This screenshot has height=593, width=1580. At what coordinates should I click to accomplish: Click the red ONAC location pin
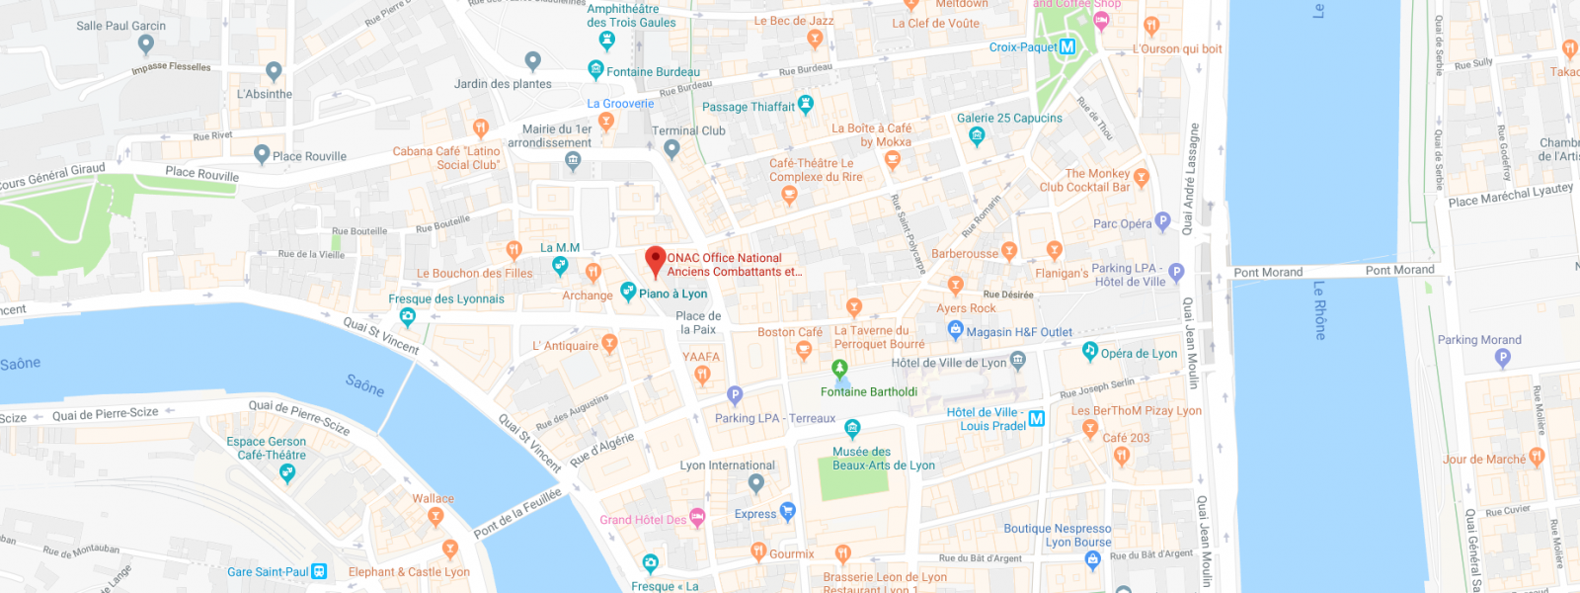pyautogui.click(x=655, y=261)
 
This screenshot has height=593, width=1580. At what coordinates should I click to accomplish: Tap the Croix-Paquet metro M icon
pyautogui.click(x=1066, y=46)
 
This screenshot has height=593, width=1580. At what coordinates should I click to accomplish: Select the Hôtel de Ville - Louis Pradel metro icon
pyautogui.click(x=1036, y=418)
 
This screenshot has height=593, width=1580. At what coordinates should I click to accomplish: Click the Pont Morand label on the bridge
pyautogui.click(x=1268, y=272)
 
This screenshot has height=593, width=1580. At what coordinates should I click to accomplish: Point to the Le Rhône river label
pyautogui.click(x=1318, y=310)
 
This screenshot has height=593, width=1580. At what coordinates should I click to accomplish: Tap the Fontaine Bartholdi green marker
pyautogui.click(x=839, y=370)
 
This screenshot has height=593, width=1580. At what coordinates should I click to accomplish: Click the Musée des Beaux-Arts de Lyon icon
pyautogui.click(x=852, y=428)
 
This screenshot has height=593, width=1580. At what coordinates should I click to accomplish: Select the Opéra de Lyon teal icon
pyautogui.click(x=1089, y=350)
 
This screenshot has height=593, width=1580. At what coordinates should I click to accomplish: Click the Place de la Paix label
pyautogui.click(x=698, y=322)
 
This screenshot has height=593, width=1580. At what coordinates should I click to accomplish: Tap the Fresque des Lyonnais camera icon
pyautogui.click(x=407, y=316)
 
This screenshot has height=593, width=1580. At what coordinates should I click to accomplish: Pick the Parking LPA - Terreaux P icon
pyautogui.click(x=735, y=395)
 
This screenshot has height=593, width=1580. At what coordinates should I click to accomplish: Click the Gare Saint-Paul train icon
pyautogui.click(x=319, y=571)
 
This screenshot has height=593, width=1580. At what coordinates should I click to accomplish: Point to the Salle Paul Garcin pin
pyautogui.click(x=146, y=43)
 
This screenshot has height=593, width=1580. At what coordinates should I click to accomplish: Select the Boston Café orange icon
pyautogui.click(x=804, y=349)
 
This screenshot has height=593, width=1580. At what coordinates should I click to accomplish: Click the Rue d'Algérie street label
pyautogui.click(x=601, y=450)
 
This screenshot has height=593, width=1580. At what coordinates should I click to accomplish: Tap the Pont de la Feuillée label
pyautogui.click(x=517, y=513)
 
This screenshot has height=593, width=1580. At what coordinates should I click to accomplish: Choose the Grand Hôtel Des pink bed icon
pyautogui.click(x=697, y=517)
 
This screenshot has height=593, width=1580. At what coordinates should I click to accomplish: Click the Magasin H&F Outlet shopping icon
pyautogui.click(x=955, y=330)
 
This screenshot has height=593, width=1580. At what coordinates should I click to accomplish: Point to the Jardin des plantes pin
pyautogui.click(x=533, y=61)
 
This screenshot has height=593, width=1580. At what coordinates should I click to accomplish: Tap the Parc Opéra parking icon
pyautogui.click(x=1162, y=221)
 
